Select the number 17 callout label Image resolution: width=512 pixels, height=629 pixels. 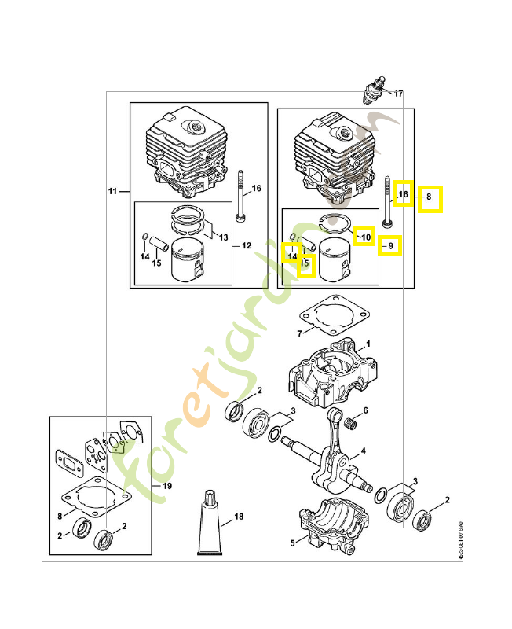pos(398,94)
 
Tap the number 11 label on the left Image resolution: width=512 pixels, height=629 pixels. pos(113,191)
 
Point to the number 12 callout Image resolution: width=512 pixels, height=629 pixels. pos(246,245)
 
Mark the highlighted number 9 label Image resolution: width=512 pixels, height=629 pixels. pos(389,246)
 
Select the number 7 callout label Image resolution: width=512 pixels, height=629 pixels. pos(299,334)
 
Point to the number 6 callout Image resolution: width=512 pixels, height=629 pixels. pos(365,410)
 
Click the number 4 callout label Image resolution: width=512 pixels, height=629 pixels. pos(363,452)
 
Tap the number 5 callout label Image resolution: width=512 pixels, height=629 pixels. pos(293,542)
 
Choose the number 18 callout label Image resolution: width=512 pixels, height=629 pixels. pos(239,517)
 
